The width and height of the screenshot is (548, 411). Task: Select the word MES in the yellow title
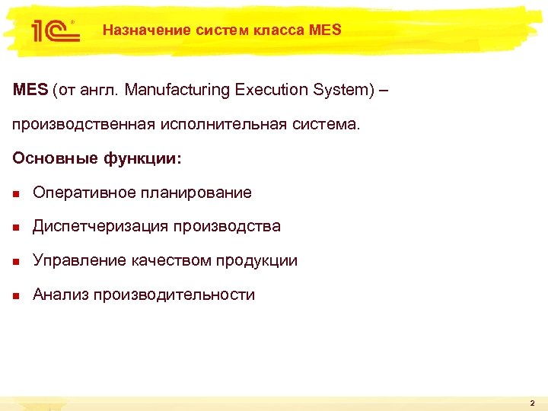tap(326, 30)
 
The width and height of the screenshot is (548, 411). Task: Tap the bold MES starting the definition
tap(30, 90)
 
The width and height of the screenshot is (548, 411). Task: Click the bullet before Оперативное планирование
tap(17, 193)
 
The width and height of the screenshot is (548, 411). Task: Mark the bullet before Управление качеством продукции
tap(17, 261)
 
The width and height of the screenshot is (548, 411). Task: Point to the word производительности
tap(174, 295)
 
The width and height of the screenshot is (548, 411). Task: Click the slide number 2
tap(533, 402)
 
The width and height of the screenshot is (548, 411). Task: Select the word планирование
tap(196, 193)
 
